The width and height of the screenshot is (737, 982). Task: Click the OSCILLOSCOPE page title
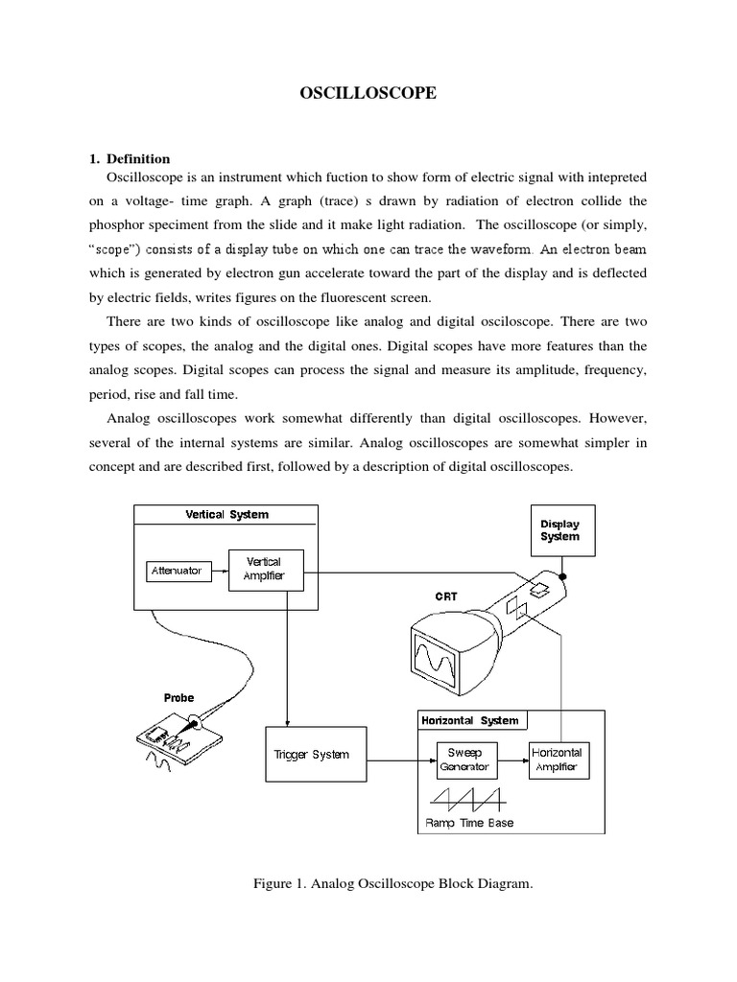coord(368,93)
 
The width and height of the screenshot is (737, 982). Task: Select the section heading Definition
coord(138,159)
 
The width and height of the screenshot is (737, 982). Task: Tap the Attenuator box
coord(177,571)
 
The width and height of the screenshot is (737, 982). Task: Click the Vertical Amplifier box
coord(264,568)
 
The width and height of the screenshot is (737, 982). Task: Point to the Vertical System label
coord(226,515)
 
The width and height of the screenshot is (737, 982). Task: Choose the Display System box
coord(559,530)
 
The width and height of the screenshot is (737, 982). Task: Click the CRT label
coord(447,596)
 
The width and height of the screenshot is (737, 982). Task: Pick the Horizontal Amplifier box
coord(558,760)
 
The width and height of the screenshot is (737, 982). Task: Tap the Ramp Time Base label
coord(469,823)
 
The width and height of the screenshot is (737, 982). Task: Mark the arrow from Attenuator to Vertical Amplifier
coord(217,571)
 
